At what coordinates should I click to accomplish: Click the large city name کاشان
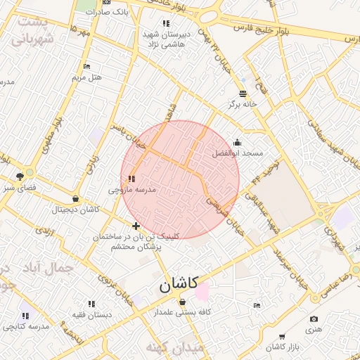coord(176,284)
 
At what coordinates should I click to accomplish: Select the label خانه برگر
coord(243,104)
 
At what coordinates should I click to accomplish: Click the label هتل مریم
coord(87,77)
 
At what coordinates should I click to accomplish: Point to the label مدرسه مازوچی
coord(131,190)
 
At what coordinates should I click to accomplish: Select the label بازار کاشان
coord(285,347)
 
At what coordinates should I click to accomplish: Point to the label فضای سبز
coord(20,188)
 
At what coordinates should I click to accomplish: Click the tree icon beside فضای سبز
coord(20,176)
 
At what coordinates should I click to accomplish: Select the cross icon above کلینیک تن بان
coord(136,225)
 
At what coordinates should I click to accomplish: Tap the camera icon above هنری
coord(313,319)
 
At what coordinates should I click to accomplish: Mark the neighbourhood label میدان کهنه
coord(174,347)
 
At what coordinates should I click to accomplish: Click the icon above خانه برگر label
coord(243,93)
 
